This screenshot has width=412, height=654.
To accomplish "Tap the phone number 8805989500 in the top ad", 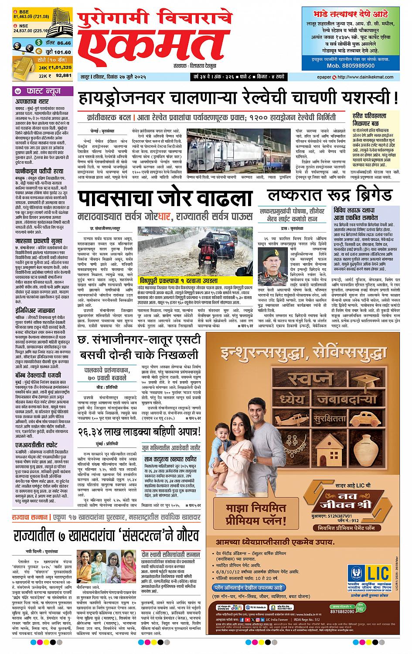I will (x=351, y=65).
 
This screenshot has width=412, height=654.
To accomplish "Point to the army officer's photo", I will (x=270, y=262).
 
